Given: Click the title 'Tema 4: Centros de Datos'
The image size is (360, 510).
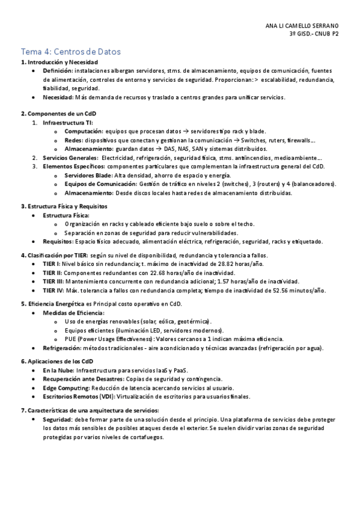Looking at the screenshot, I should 71,52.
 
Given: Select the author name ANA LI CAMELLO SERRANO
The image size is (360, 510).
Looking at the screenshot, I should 302,26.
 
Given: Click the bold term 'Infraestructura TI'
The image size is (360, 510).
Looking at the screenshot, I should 67,123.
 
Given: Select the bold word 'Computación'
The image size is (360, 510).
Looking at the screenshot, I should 84,131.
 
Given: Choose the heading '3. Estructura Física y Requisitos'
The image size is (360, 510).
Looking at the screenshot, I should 64,206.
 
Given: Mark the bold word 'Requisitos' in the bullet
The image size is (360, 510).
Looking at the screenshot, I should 58,242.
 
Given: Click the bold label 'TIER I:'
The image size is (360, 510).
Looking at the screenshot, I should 52,264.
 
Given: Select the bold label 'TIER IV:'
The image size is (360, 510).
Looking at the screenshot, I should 53,290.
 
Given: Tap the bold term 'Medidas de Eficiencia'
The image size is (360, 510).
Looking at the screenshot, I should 73,313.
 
